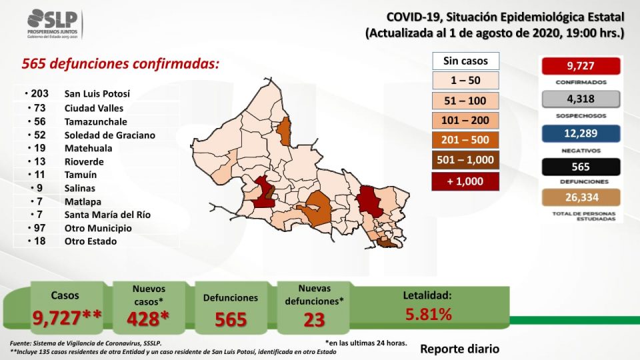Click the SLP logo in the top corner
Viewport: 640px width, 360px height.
point(53,24)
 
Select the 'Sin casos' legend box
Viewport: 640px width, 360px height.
point(466,61)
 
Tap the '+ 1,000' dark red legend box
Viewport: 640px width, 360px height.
point(465,181)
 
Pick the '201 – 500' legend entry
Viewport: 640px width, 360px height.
point(465,140)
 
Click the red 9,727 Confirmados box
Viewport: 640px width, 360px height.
point(581,66)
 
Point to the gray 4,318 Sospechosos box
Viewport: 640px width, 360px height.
point(581,99)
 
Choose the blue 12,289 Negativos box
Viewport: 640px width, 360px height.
point(581,133)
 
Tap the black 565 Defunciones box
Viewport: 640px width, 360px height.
point(581,167)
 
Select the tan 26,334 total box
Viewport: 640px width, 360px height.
point(581,197)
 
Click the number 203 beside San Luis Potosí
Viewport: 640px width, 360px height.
point(39,93)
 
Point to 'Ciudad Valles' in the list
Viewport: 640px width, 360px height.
point(94,108)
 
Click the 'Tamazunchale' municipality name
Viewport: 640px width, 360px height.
point(95,121)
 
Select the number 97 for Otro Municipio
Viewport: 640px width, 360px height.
point(39,228)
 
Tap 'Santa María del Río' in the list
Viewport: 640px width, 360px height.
point(107,215)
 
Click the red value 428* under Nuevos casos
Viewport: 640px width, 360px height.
point(148,319)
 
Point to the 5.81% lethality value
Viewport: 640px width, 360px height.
point(428,314)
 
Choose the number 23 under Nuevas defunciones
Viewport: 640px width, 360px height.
point(314,320)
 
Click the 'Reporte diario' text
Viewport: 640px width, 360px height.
point(459,349)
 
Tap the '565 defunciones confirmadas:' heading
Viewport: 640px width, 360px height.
point(121,64)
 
